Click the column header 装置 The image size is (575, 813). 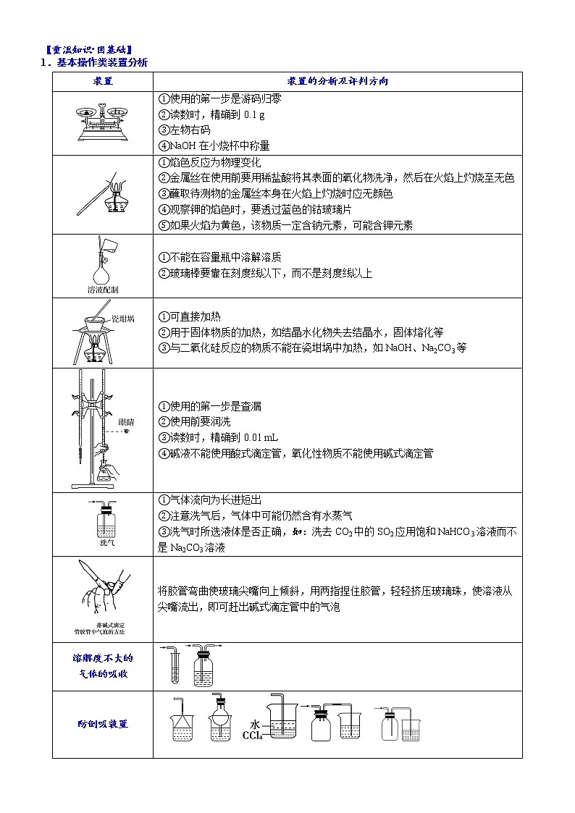(102, 81)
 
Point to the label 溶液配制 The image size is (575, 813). (102, 289)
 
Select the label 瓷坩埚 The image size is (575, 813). (122, 318)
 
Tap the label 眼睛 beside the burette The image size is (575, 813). (125, 421)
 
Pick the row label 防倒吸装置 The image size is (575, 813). (102, 723)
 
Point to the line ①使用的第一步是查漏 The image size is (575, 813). (209, 406)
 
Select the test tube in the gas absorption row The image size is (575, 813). (175, 666)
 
